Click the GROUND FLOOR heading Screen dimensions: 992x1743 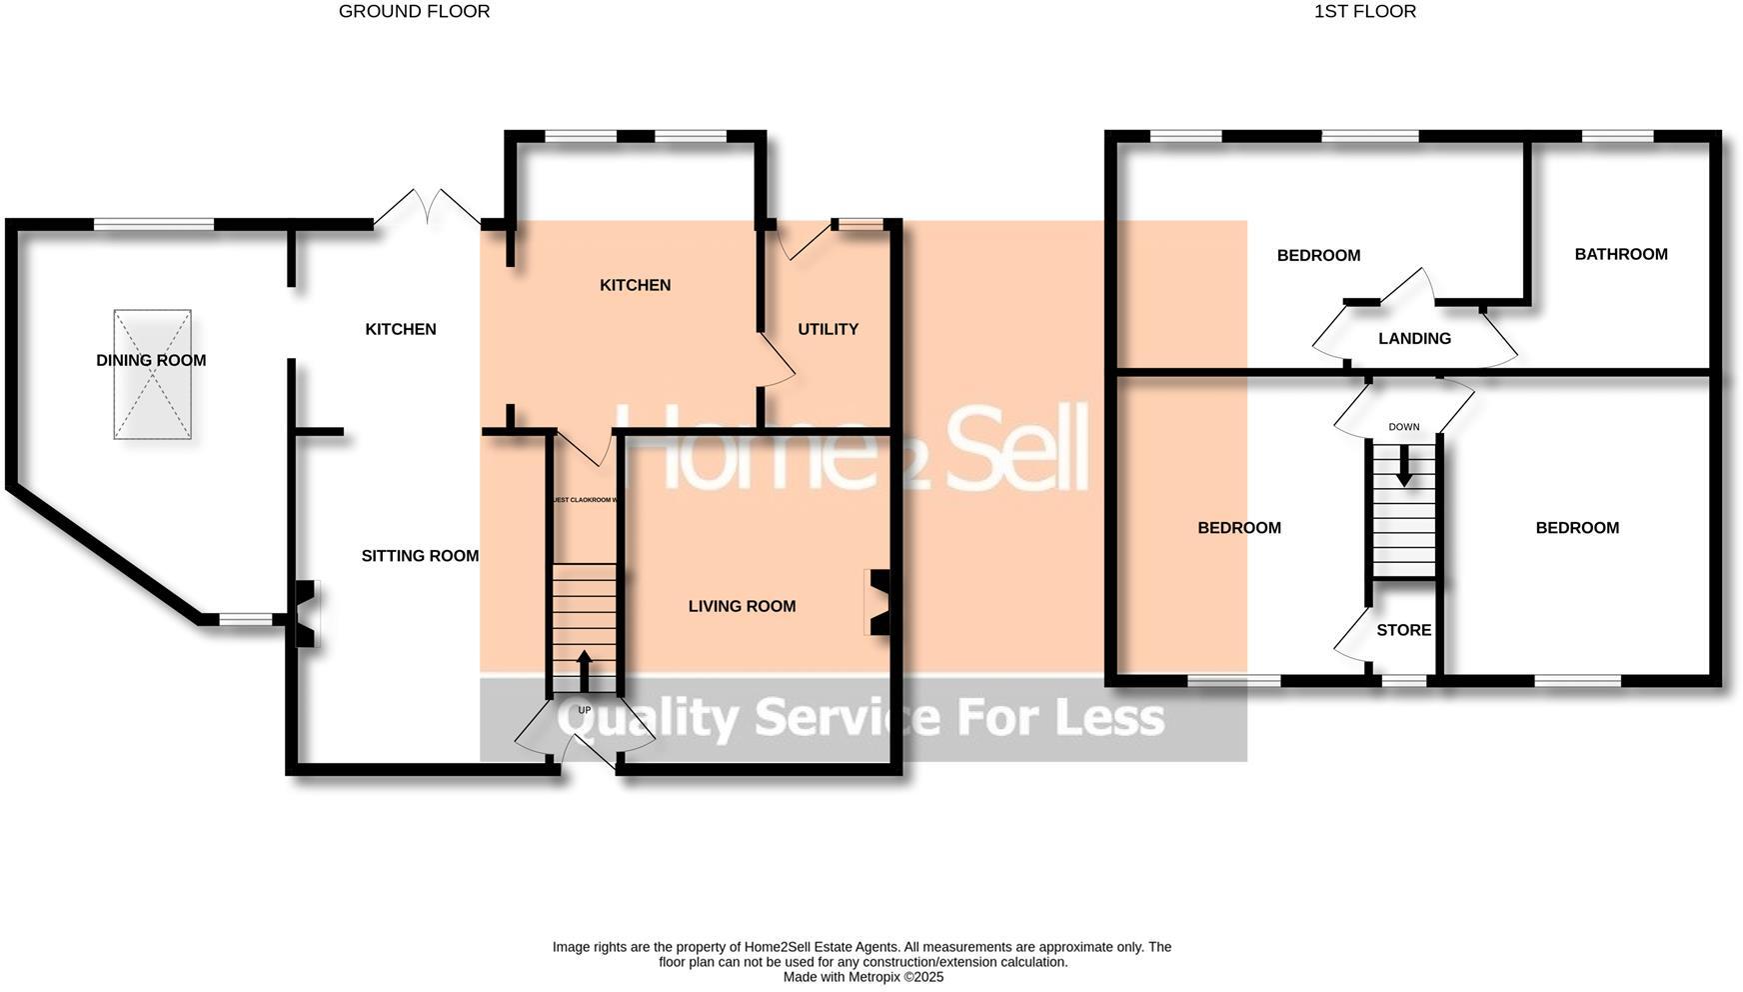tap(414, 12)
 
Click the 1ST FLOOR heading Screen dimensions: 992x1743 tap(1364, 12)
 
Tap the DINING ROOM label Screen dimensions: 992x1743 tap(151, 360)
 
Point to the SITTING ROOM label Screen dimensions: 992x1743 tap(420, 556)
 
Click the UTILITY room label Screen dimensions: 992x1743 tap(828, 329)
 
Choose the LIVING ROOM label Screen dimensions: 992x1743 tap(742, 606)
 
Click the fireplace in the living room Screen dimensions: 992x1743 tap(878, 602)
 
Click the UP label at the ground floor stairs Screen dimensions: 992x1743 tap(585, 710)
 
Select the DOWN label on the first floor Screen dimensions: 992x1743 tap(1403, 427)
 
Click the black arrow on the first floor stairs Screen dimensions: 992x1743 tap(1404, 465)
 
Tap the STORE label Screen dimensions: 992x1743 tap(1403, 630)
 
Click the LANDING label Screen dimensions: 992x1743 tap(1414, 339)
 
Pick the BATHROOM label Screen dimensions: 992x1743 tap(1620, 254)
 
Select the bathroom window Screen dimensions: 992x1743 tap(1616, 137)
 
